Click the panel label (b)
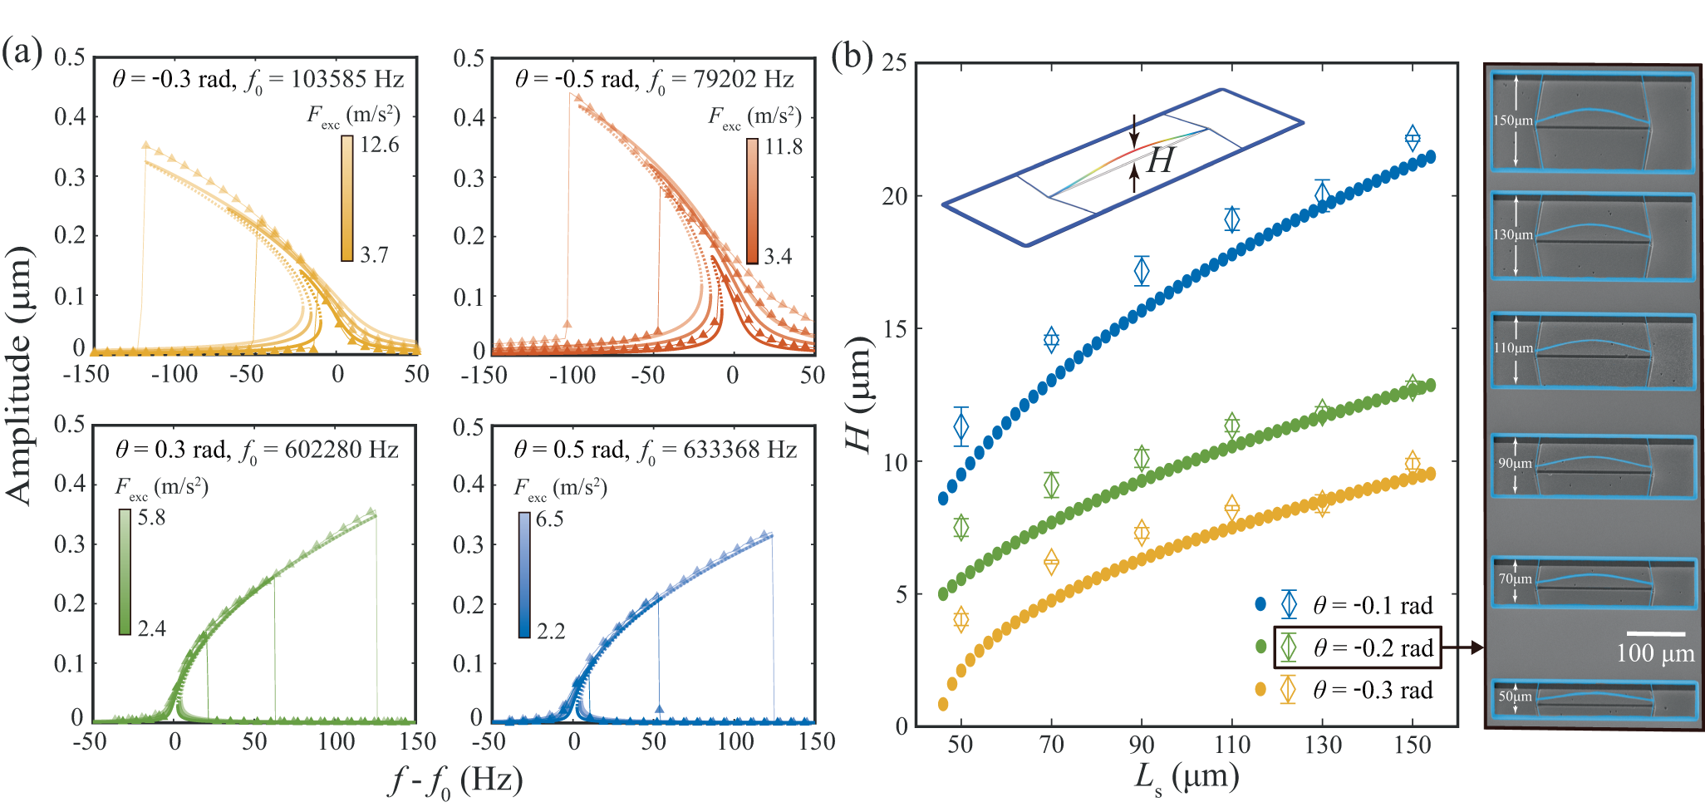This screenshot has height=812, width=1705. click(x=852, y=56)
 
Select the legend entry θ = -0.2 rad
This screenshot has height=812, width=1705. click(x=1373, y=648)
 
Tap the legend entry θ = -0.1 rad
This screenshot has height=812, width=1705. click(x=1373, y=605)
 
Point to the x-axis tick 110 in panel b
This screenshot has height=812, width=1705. click(x=1231, y=745)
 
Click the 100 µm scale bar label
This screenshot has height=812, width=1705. click(x=1655, y=653)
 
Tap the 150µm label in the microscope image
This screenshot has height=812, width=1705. click(x=1512, y=121)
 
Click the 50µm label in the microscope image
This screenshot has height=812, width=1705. click(x=1515, y=696)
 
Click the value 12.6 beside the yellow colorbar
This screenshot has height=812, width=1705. click(x=380, y=145)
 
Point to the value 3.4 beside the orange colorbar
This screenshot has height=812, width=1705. click(x=779, y=256)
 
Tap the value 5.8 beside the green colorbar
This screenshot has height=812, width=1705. click(x=151, y=518)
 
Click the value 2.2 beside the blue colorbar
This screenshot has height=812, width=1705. click(x=550, y=631)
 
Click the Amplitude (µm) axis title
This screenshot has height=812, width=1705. click(x=20, y=376)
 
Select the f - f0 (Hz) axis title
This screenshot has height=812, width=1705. click(x=457, y=782)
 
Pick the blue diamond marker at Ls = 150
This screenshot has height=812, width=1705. click(x=1413, y=138)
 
